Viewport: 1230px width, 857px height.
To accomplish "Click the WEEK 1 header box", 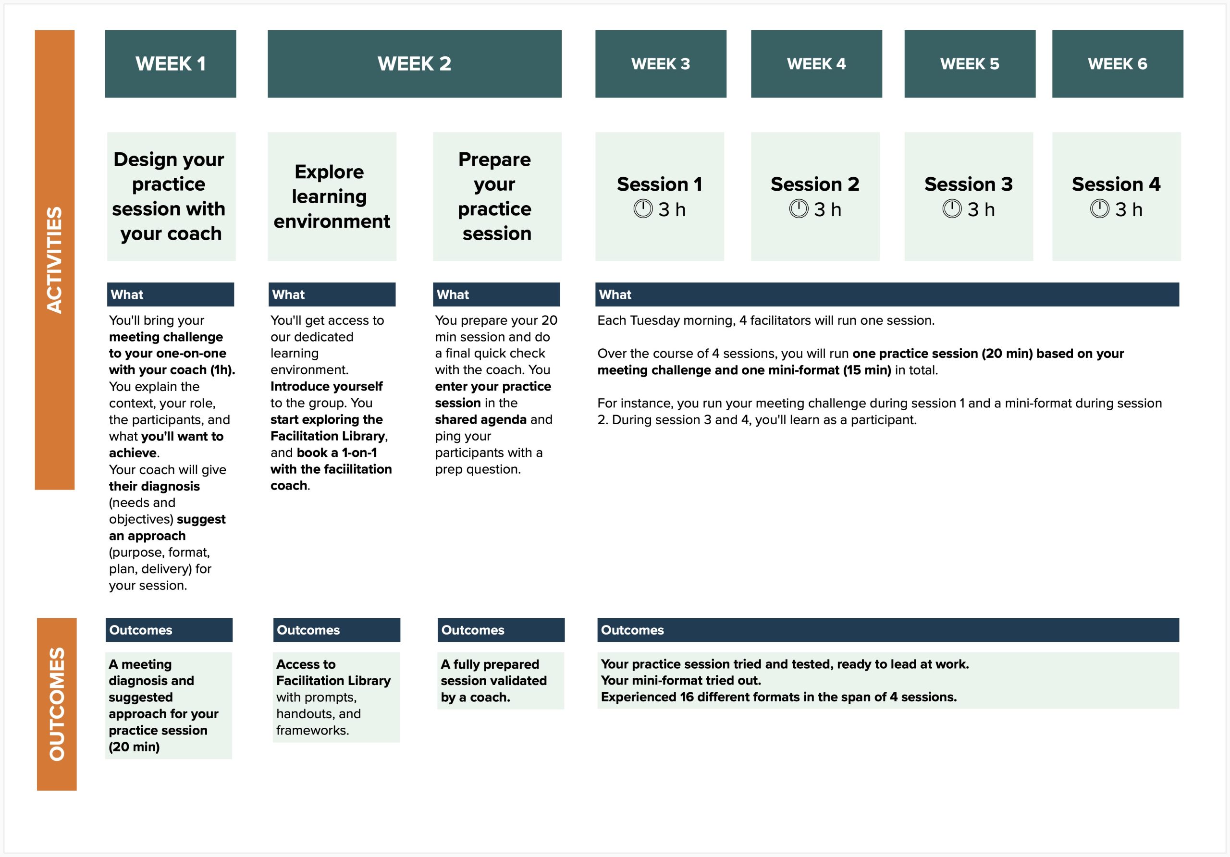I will coord(171,64).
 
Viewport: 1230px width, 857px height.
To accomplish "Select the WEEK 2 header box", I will coord(414,64).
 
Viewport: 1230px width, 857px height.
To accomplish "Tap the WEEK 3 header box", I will coord(661,64).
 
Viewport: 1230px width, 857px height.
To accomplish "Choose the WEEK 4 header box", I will coord(816,64).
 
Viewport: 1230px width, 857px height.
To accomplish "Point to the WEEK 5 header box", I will coord(970,64).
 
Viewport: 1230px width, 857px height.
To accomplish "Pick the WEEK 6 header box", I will coord(1118,64).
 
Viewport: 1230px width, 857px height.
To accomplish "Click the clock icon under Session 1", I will coord(643,209).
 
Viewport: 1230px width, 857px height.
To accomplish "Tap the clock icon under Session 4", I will coord(1099,209).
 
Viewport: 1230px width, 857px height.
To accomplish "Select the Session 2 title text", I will coord(815,184).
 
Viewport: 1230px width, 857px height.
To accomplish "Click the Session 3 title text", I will coord(969,184).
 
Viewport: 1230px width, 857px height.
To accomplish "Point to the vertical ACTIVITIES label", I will coord(55,260).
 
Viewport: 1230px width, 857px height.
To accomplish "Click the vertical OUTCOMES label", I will coord(57,704).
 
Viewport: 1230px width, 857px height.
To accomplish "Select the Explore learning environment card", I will coord(332,196).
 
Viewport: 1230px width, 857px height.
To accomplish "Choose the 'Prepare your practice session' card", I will coord(497,196).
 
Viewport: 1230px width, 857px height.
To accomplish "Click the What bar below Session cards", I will coord(886,294).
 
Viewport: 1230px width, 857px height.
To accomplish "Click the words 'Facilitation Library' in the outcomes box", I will coord(333,680).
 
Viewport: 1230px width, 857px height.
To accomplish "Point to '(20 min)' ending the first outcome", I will coord(135,747).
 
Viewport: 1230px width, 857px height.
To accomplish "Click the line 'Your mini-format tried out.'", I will coord(681,680).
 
